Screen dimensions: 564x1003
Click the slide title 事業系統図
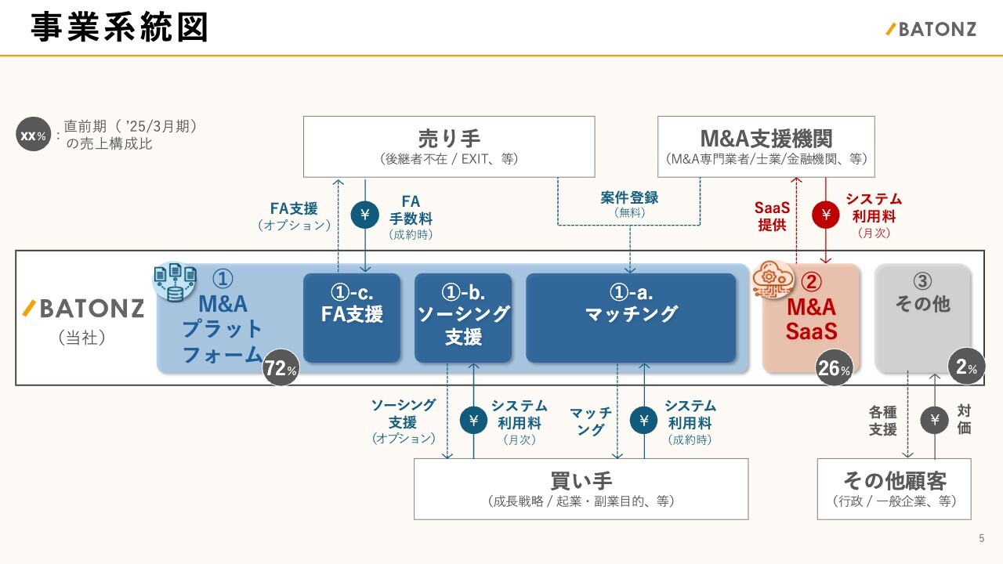(120, 28)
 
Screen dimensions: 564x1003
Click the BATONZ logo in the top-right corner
(931, 30)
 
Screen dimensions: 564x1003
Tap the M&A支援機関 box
(766, 146)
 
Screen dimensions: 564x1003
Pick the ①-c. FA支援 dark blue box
(351, 317)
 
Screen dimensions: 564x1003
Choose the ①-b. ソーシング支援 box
(462, 317)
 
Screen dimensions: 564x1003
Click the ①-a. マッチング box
(631, 317)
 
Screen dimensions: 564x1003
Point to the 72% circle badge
(281, 369)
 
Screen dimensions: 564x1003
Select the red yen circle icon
(825, 214)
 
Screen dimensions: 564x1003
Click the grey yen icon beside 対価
(934, 420)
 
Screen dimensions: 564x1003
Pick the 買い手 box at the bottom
(581, 489)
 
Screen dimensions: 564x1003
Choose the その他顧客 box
(894, 489)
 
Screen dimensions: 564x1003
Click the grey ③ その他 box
(922, 317)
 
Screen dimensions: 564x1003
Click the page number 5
(982, 538)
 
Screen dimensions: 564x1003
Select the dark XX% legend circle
(33, 136)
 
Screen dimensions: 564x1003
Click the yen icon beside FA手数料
(364, 214)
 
